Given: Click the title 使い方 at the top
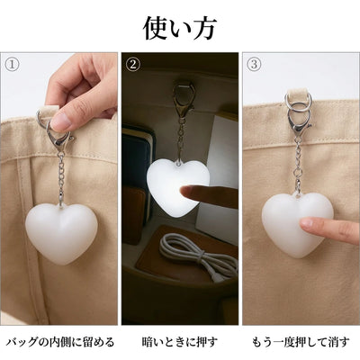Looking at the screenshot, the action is (179, 29).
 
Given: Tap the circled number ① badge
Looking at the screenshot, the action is (13, 65).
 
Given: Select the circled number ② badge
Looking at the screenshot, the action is (133, 64).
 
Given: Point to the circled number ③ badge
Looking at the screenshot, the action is (254, 64).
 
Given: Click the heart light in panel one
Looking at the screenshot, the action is (61, 233).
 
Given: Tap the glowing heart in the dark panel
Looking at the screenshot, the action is (178, 186).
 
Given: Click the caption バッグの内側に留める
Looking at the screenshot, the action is (60, 341).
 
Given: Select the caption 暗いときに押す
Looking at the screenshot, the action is (179, 341).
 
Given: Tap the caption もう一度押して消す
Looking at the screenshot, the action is (301, 341).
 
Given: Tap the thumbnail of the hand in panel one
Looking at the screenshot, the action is (60, 122).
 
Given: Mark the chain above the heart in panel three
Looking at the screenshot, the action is (297, 165).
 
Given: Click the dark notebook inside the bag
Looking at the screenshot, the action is (138, 156).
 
